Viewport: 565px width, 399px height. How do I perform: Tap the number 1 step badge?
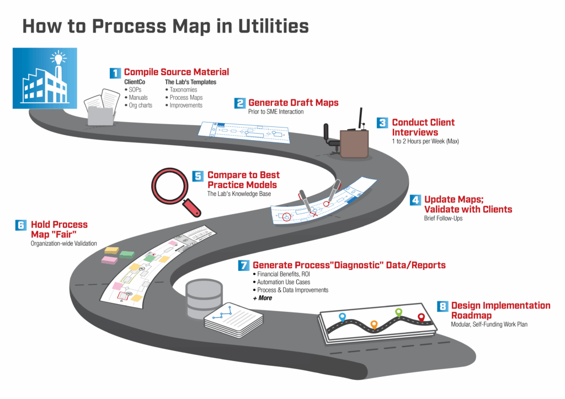click(x=115, y=73)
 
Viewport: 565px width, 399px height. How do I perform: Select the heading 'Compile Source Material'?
click(x=176, y=72)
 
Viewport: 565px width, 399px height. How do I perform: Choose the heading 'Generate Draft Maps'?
click(x=293, y=103)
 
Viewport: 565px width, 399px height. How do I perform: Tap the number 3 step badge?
click(x=382, y=123)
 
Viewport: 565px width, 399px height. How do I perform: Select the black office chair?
click(x=331, y=135)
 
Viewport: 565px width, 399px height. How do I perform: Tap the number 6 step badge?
click(x=21, y=225)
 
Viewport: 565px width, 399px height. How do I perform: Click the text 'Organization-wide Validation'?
click(x=63, y=243)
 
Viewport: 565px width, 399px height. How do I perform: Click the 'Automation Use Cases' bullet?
click(x=283, y=282)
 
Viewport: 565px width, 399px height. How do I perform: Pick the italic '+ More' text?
click(x=262, y=298)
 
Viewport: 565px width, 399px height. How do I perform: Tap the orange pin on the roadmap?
click(x=374, y=324)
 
